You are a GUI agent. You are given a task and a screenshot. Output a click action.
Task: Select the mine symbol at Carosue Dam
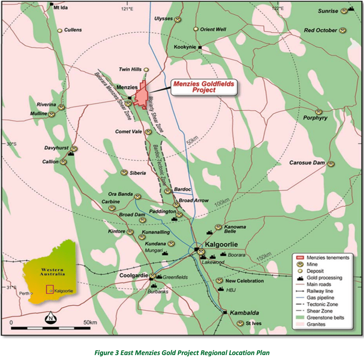tap(332, 163)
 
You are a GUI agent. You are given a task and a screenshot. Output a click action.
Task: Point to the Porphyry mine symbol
tap(319, 112)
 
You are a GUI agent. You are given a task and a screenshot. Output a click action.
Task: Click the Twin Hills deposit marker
tap(146, 70)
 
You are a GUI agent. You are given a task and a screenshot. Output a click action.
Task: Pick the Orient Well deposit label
tap(213, 29)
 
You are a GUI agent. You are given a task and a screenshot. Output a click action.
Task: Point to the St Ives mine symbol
tap(241, 323)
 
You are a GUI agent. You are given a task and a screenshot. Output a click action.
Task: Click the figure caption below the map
tap(182, 352)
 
